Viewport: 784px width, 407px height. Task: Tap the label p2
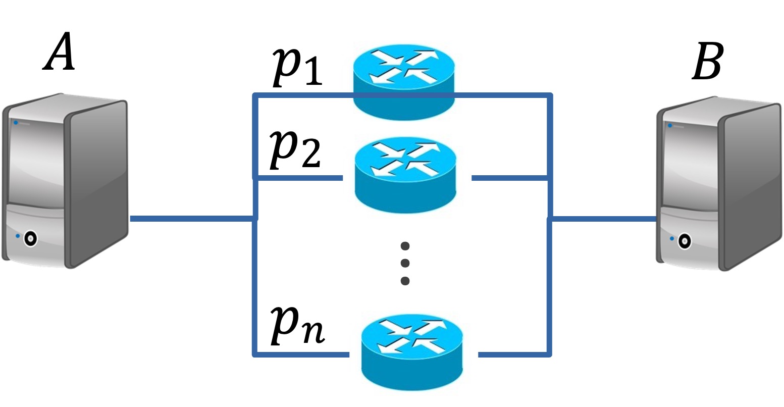coord(295,150)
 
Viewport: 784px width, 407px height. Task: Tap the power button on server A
coord(31,238)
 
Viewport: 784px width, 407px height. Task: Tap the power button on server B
coord(684,241)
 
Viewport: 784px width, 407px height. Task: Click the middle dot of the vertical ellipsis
coord(404,263)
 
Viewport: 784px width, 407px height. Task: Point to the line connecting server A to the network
coord(192,219)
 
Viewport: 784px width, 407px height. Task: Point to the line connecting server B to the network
coord(603,219)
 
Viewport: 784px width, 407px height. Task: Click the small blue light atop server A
coord(16,123)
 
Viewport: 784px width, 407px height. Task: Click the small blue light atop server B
coord(670,125)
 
